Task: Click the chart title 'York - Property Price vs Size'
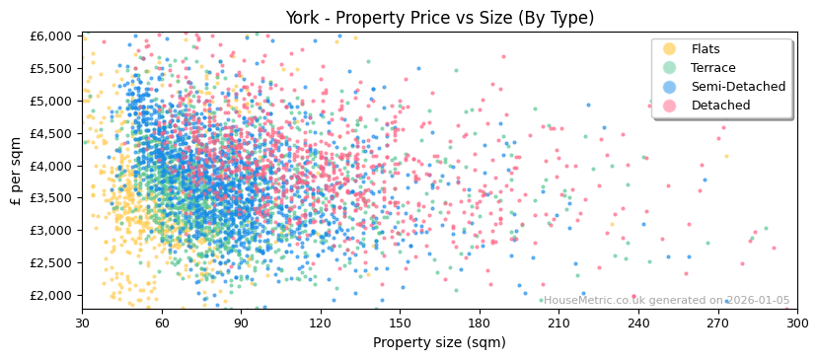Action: click(x=439, y=18)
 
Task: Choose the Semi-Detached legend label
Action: click(x=738, y=87)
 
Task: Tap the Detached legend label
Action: click(x=720, y=106)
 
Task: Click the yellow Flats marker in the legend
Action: click(x=670, y=49)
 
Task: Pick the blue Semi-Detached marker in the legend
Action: click(x=670, y=87)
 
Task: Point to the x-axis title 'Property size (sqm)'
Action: click(x=439, y=343)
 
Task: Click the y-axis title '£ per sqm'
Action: click(x=16, y=171)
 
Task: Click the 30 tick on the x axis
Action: click(x=82, y=323)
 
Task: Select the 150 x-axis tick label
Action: click(x=400, y=323)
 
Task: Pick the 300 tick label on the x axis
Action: click(x=796, y=323)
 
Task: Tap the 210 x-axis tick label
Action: click(x=558, y=323)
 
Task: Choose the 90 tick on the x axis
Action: click(x=241, y=323)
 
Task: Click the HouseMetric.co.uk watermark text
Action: click(x=666, y=301)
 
